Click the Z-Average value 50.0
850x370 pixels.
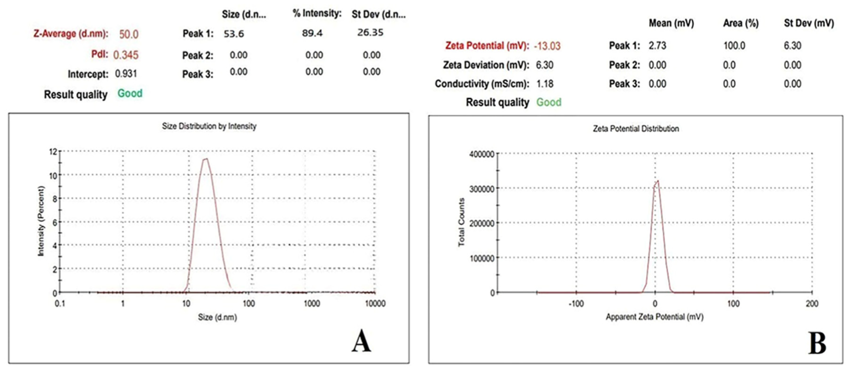(128, 34)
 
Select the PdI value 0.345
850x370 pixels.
(125, 55)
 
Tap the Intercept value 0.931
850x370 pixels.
(126, 74)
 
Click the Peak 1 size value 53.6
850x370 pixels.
(233, 34)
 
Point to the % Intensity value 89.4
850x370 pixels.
(312, 33)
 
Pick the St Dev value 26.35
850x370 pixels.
(370, 32)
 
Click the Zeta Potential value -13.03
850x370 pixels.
(547, 46)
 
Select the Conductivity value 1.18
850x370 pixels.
(545, 84)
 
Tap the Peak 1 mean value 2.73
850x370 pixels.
(657, 46)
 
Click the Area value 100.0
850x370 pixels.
(734, 46)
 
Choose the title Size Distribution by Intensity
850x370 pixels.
(209, 126)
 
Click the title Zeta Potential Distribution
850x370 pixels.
(635, 128)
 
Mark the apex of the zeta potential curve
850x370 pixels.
(658, 181)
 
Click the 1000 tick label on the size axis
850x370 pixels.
(311, 304)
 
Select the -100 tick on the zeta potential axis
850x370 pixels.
(576, 304)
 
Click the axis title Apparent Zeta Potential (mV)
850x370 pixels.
(654, 317)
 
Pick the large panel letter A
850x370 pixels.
(361, 341)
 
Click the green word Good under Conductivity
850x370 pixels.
(549, 102)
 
